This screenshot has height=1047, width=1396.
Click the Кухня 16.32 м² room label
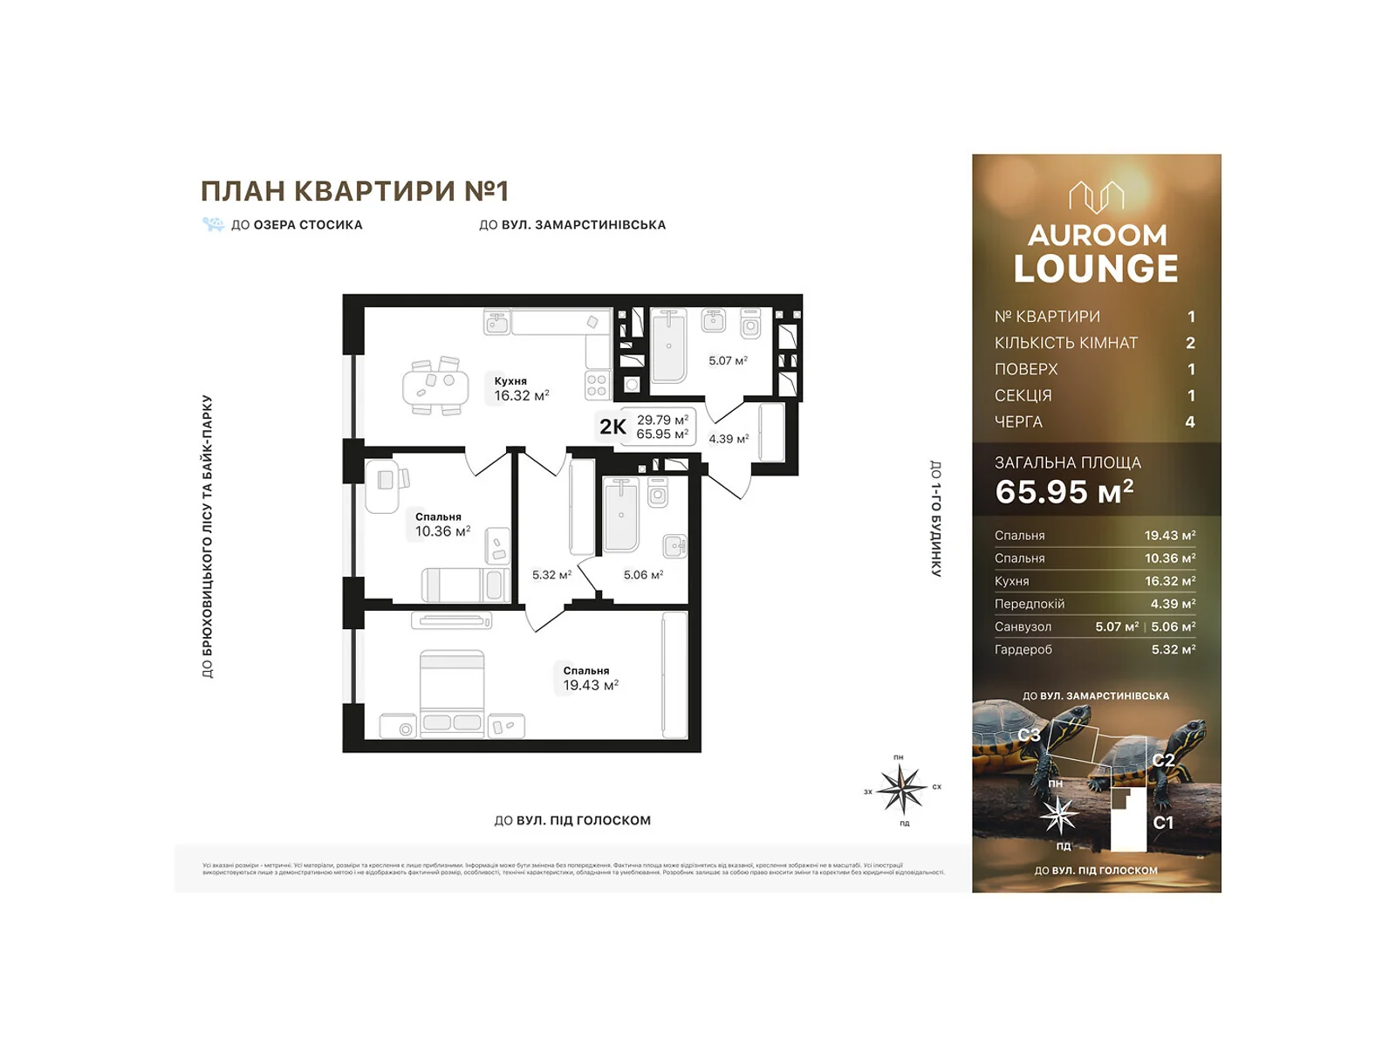[520, 388]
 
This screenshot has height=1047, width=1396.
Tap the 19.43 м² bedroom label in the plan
[590, 679]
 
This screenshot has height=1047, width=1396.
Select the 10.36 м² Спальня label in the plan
[441, 524]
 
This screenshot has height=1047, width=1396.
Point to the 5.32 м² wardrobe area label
[551, 575]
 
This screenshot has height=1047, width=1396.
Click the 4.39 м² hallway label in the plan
[728, 439]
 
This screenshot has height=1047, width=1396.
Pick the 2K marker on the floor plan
[612, 427]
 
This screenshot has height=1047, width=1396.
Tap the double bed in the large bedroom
[452, 694]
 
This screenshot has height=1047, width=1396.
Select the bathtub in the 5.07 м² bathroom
[668, 346]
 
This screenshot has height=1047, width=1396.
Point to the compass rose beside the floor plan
[901, 789]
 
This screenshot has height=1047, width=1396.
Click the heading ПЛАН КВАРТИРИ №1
[354, 191]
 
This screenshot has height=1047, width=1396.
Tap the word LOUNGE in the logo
[1096, 269]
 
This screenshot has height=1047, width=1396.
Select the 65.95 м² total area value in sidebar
[1064, 492]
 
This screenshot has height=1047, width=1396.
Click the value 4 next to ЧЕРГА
[1189, 422]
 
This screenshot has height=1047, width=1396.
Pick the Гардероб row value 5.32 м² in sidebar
[1173, 650]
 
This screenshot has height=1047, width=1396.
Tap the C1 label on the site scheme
[1163, 823]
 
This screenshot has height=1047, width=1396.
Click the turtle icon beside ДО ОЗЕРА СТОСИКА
[213, 224]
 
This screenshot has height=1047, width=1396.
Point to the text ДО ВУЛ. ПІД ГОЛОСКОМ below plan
[572, 820]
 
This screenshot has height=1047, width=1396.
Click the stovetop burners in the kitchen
[597, 386]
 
